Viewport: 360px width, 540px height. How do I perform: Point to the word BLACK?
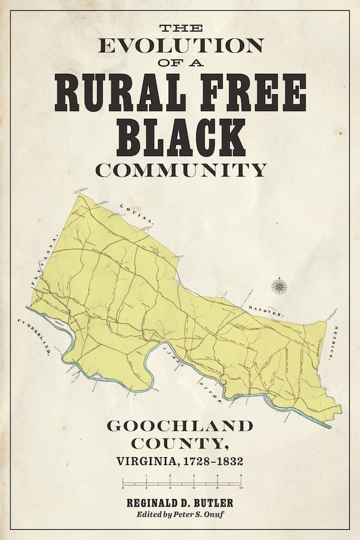pos(179,139)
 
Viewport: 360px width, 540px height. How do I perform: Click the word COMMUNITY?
pos(179,170)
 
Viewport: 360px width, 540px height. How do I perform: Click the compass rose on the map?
pos(279,286)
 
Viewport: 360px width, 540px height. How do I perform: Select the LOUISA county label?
pos(137,212)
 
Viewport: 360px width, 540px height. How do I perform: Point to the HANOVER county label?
pos(266,310)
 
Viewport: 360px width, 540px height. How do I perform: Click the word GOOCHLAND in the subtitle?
pos(179,427)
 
